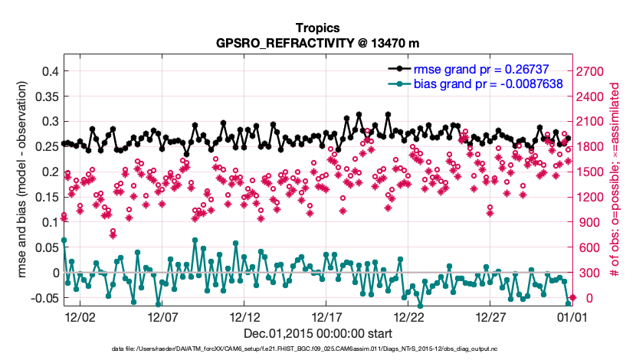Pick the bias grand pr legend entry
484,83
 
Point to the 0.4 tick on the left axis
48,71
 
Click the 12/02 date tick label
80,316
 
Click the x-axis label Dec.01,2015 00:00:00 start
318,333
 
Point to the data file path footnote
318,349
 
